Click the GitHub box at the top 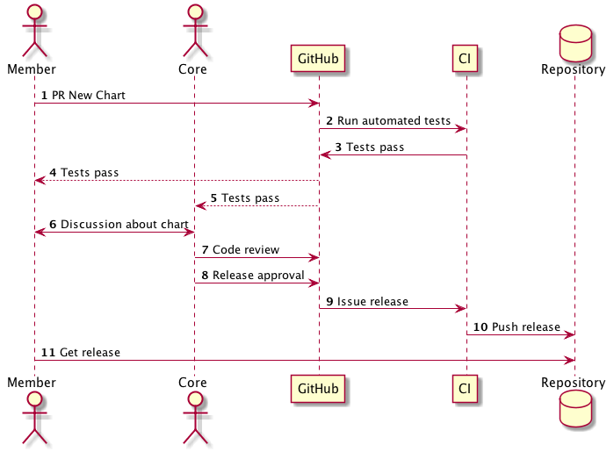319,59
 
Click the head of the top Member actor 33,13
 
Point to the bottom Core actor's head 193,400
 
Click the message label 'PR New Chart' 88,95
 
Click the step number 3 338,147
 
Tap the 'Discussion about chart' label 125,225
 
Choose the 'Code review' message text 246,250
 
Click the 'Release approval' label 258,276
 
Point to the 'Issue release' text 372,302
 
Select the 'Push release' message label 525,327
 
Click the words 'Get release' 90,353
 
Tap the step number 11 47,353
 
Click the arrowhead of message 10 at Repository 570,334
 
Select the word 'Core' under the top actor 193,68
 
